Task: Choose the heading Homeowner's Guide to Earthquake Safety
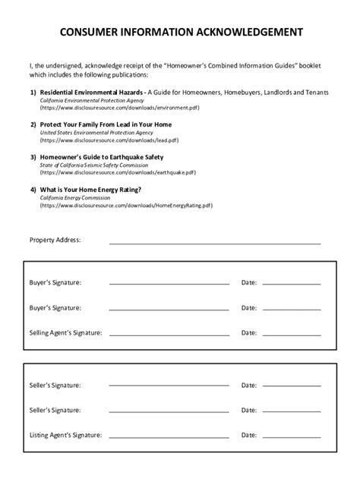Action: (x=102, y=157)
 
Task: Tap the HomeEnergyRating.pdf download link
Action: (x=126, y=206)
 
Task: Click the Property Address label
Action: (x=55, y=241)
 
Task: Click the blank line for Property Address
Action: (x=215, y=243)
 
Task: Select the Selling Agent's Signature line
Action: (x=169, y=335)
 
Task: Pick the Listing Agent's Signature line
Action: (x=169, y=438)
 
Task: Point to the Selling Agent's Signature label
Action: (x=65, y=332)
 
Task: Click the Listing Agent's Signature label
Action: (x=65, y=436)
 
